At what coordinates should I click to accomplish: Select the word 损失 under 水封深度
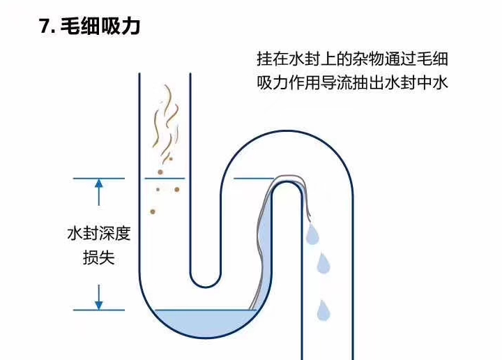point(98,258)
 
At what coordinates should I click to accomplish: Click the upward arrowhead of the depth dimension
point(99,183)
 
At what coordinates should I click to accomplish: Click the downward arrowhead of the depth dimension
point(99,304)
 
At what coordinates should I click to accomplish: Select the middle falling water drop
point(323,264)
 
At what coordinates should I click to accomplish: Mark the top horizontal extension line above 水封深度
point(99,178)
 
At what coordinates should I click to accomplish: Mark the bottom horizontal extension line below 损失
point(99,310)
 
